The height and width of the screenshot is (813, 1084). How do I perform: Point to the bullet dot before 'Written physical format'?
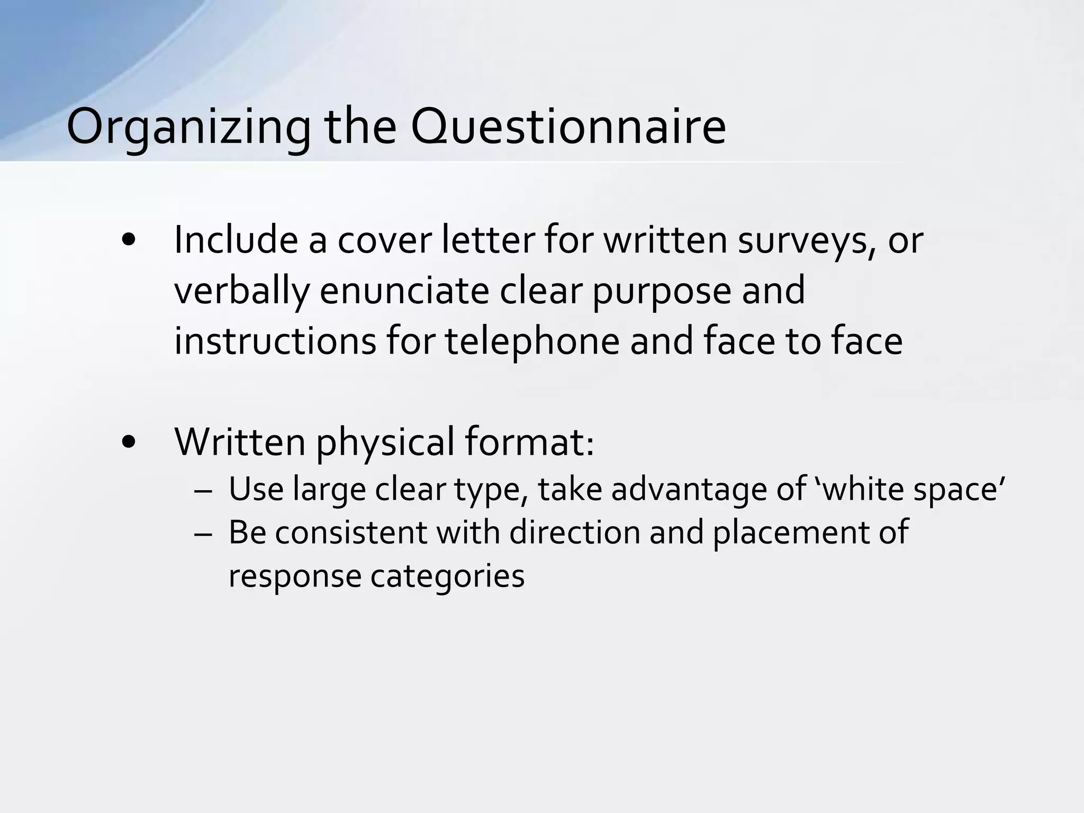point(129,442)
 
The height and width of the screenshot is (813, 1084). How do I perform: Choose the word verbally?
point(241,291)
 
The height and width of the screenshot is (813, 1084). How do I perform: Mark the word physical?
point(385,443)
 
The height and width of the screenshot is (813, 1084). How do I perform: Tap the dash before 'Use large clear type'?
point(202,490)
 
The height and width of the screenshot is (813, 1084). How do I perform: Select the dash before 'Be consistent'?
point(202,533)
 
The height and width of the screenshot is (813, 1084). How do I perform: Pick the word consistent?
point(350,532)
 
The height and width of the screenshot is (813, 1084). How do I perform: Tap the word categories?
point(447,576)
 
